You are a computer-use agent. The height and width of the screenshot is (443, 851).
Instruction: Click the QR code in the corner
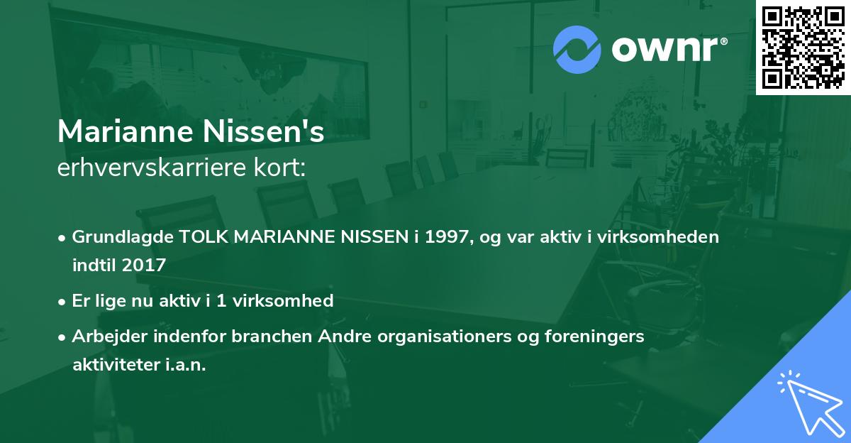point(803,47)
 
